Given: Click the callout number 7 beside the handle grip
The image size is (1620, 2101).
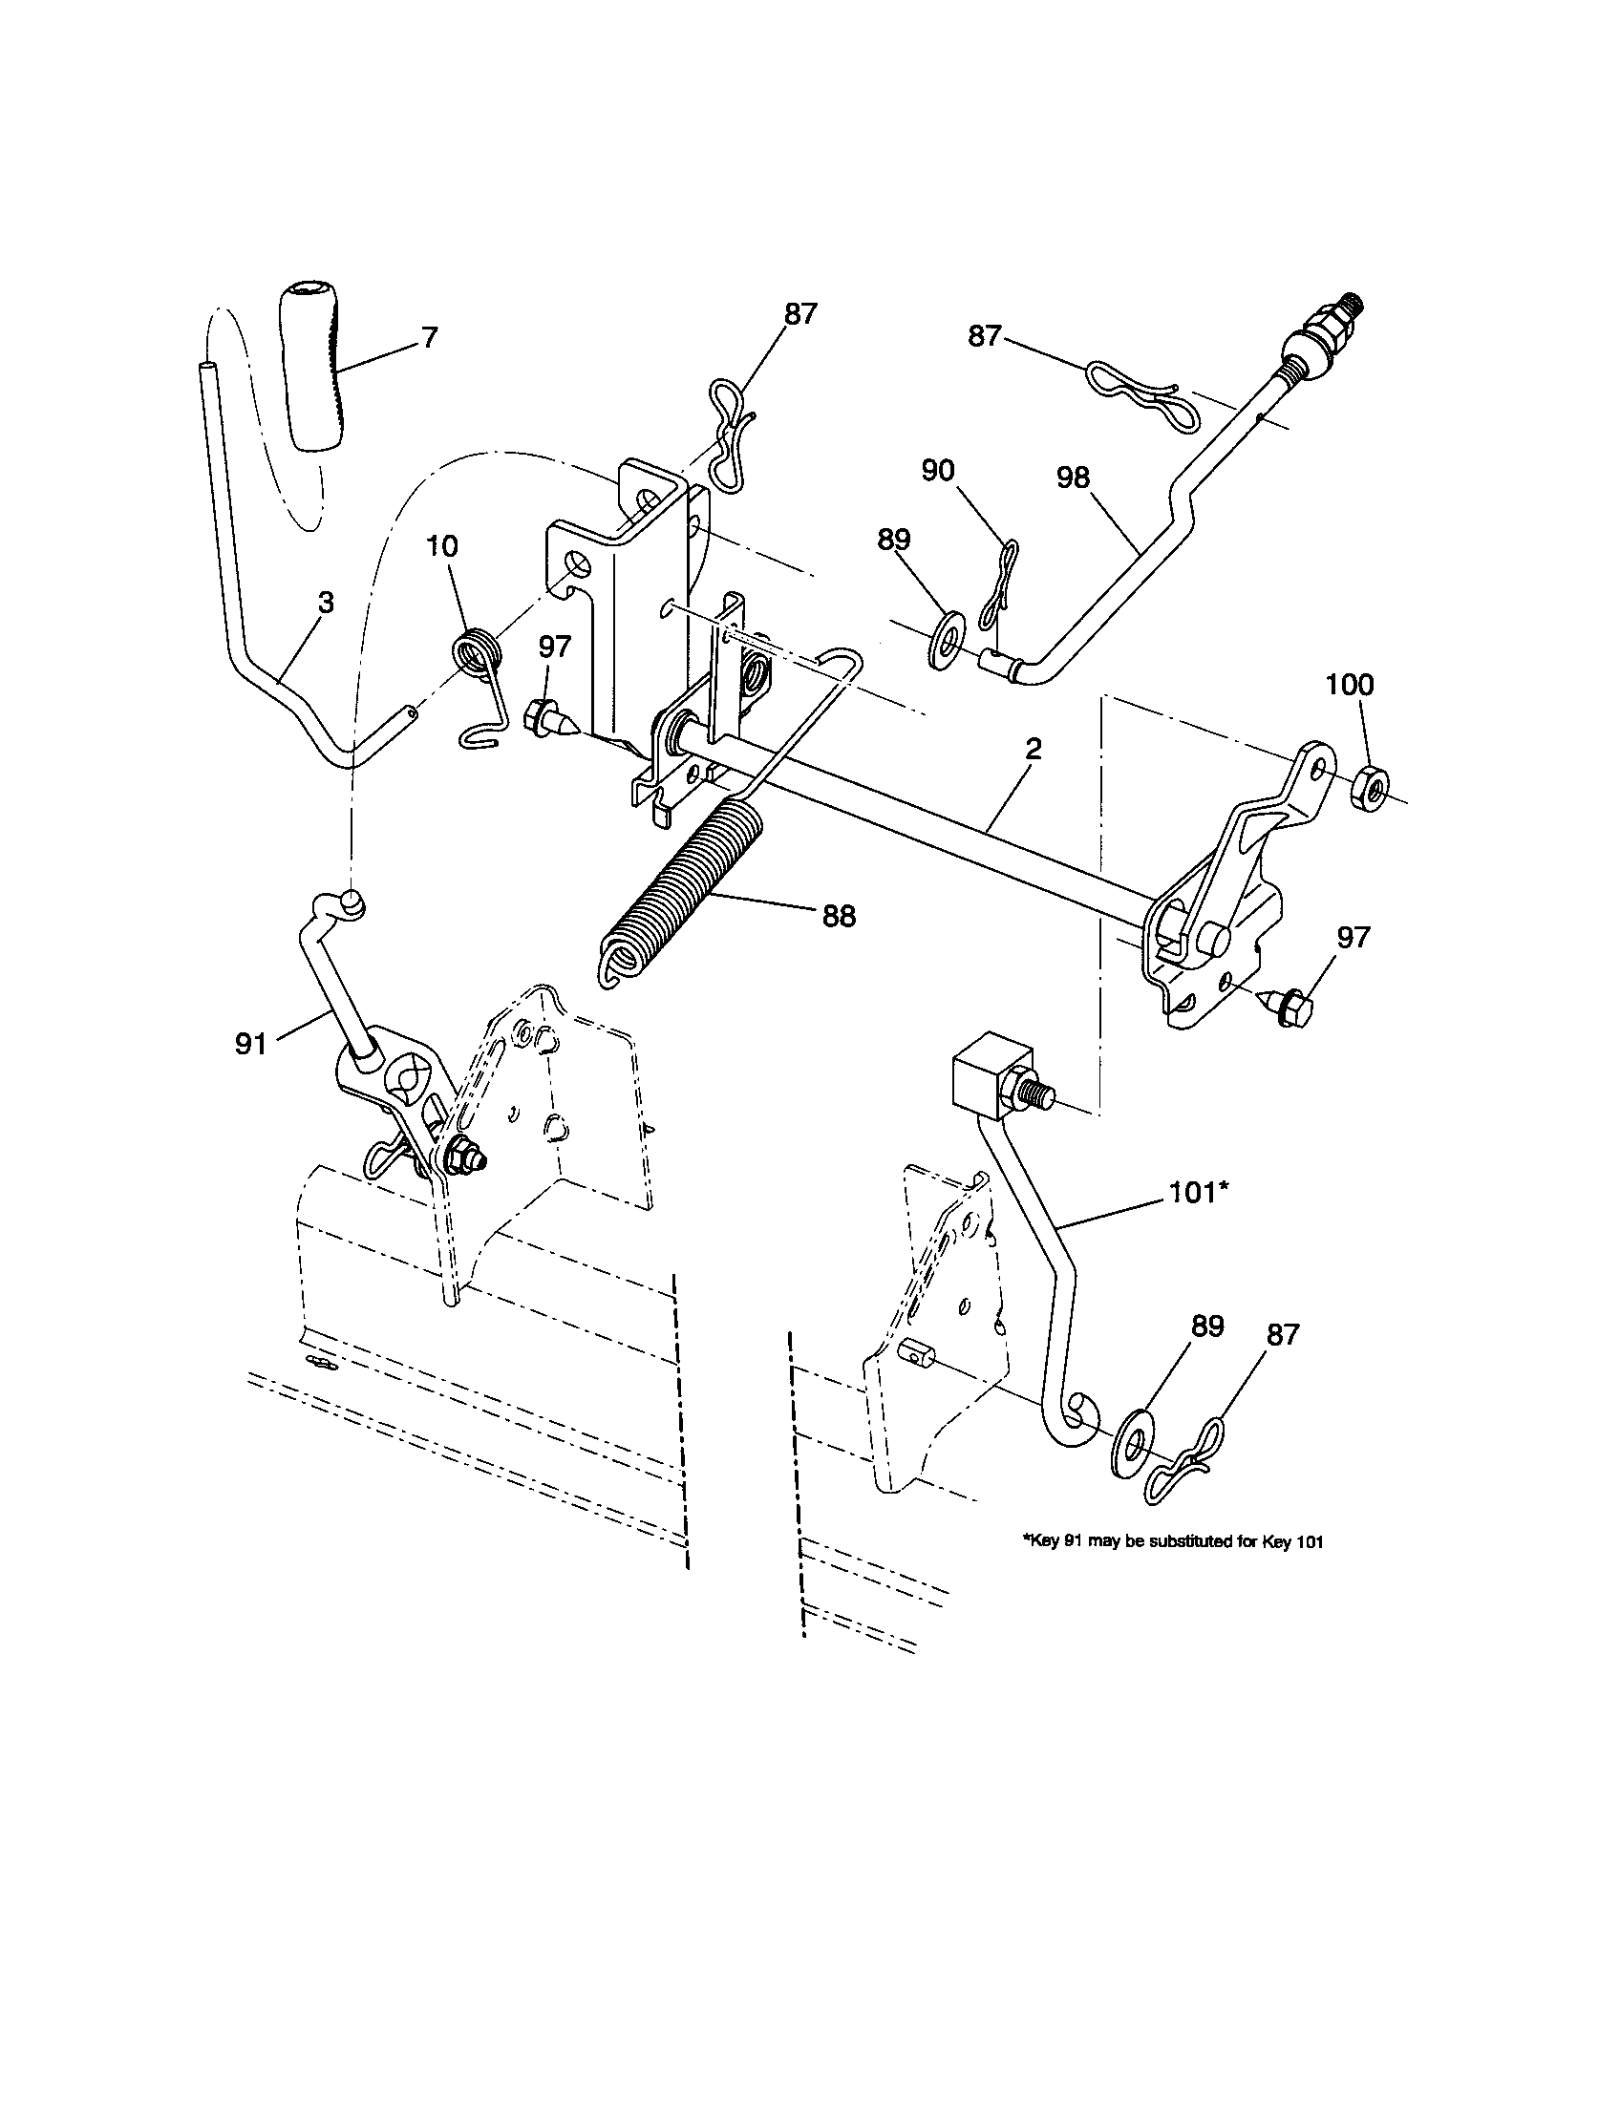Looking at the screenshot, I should pos(429,338).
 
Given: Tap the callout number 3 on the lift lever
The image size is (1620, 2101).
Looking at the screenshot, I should pos(326,604).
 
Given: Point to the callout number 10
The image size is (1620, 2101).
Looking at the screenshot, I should pos(441,546).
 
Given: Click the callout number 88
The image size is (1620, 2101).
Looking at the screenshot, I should pos(839,916).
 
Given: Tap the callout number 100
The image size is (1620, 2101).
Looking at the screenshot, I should pos(1350,685).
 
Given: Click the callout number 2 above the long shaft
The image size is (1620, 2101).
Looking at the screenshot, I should pos(1033,749).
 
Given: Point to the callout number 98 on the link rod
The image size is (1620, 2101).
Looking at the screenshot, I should pos(1073,477).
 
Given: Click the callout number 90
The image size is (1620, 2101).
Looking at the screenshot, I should pos(937,471).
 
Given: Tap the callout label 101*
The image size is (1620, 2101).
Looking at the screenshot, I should pos(1199,1193).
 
